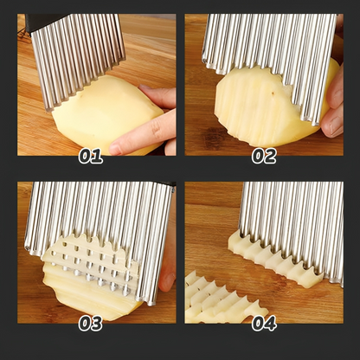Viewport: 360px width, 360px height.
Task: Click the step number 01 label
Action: pyautogui.click(x=91, y=156)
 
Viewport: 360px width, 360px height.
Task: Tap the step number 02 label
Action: pyautogui.click(x=264, y=156)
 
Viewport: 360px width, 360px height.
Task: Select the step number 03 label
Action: pyautogui.click(x=91, y=323)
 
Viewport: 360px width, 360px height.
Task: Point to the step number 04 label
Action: pyautogui.click(x=264, y=323)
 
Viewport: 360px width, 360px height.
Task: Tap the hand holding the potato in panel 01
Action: pyautogui.click(x=151, y=125)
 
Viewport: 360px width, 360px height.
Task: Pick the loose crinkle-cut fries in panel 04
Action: pyautogui.click(x=216, y=299)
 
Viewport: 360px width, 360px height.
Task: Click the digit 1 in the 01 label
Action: pyautogui.click(x=98, y=156)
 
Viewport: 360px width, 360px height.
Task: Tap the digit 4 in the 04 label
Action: pyautogui.click(x=271, y=323)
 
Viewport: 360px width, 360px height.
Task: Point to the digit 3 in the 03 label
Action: pyautogui.click(x=98, y=323)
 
